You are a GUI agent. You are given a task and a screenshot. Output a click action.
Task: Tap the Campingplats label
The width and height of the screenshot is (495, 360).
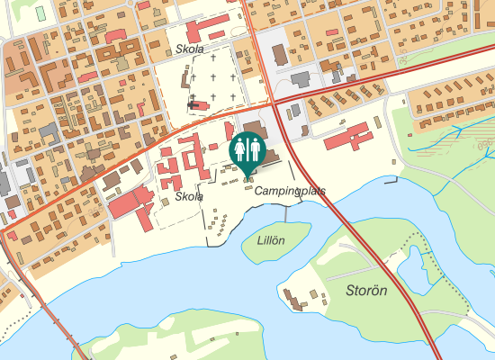[x=289, y=192]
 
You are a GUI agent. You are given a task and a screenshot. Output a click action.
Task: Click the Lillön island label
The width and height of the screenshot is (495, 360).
[x=271, y=240]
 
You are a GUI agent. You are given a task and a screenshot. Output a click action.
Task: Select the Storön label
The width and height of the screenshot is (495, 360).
[x=366, y=290]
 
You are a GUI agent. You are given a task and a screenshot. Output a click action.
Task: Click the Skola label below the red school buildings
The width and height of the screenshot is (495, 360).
[x=189, y=196]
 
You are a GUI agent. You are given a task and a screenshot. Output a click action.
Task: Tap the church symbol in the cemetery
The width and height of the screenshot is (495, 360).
[x=193, y=105]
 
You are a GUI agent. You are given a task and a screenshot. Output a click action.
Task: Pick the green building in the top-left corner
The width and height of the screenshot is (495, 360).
[x=40, y=13]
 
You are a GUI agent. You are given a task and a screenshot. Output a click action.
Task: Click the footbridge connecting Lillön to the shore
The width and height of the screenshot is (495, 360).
[x=285, y=213]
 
